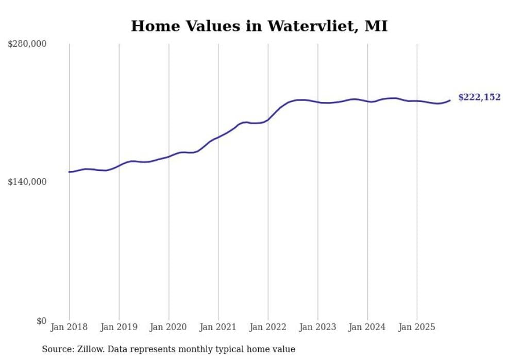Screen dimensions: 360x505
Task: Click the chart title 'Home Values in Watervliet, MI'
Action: coord(259,26)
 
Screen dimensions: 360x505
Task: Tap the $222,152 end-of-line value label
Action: coord(479,97)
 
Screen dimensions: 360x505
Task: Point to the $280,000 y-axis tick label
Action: coord(27,44)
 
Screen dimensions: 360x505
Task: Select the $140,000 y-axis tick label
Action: coord(27,182)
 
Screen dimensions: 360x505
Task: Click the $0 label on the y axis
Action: coord(41,321)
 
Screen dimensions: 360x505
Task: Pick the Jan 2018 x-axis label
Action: coord(69,327)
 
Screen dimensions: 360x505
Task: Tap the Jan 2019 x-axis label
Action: coord(119,327)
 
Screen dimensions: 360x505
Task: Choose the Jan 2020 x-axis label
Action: coord(169,327)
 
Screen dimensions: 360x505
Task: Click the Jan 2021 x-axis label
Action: coord(218,327)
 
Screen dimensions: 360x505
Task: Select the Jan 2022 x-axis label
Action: coord(268,327)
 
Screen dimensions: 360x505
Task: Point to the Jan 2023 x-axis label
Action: coord(318,327)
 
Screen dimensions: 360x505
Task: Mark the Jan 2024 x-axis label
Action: coord(367,327)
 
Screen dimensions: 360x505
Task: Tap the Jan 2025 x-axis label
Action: coord(417,327)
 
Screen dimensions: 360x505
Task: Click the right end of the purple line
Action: coord(450,100)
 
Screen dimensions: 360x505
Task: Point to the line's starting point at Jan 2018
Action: coord(69,172)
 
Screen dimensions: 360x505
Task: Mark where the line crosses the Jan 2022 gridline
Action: coord(268,120)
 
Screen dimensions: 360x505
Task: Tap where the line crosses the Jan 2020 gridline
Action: coord(169,157)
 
